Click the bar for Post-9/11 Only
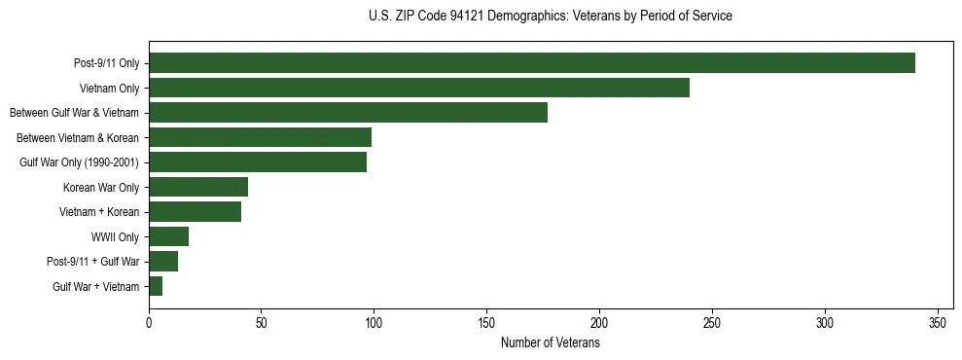point(531,63)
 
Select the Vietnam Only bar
point(418,88)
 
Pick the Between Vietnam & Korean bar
point(260,137)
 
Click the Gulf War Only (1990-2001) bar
point(258,162)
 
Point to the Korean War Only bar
point(198,187)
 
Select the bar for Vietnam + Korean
point(195,211)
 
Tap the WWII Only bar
point(168,236)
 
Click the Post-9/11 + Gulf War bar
point(163,261)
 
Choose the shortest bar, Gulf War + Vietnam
point(156,286)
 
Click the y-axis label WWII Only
point(115,236)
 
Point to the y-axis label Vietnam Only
point(109,88)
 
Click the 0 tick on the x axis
point(149,322)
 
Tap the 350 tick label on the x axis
point(938,322)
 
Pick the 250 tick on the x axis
point(712,322)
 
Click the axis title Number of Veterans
point(550,342)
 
